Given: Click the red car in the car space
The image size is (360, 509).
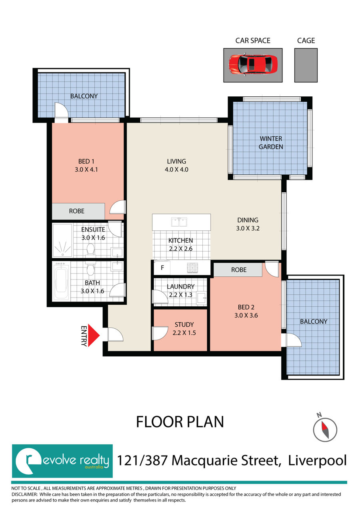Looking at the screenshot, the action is (x=253, y=64).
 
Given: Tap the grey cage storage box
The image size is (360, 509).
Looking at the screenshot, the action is (x=306, y=65).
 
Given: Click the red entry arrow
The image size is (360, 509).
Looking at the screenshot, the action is (x=94, y=335).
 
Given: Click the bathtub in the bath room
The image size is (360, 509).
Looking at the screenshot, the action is (x=61, y=281).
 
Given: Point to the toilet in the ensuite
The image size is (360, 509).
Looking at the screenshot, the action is (x=90, y=250).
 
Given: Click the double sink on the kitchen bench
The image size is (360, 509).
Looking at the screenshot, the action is (x=179, y=222).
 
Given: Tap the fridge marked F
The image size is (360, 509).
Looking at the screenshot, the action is (x=162, y=267).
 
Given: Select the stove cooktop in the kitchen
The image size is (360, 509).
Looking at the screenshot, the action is (x=192, y=267).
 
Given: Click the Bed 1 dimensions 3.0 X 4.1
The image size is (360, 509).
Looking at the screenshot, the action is (x=86, y=170).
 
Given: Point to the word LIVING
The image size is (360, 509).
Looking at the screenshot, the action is (x=176, y=161).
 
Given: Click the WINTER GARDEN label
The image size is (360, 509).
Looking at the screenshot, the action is (x=271, y=143).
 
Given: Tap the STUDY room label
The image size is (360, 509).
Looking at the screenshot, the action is (x=184, y=325).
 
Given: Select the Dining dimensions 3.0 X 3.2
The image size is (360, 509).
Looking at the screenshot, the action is (x=248, y=228).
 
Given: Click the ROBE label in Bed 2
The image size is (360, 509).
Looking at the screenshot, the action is (x=239, y=270).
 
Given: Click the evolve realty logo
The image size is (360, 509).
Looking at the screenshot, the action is (x=62, y=461).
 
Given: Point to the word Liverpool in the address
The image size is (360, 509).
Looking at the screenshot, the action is (x=317, y=461).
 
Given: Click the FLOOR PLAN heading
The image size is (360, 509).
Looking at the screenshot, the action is (x=180, y=422).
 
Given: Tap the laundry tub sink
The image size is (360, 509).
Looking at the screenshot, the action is (x=202, y=297).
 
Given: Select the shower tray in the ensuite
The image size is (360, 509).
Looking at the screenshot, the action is (x=62, y=241).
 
